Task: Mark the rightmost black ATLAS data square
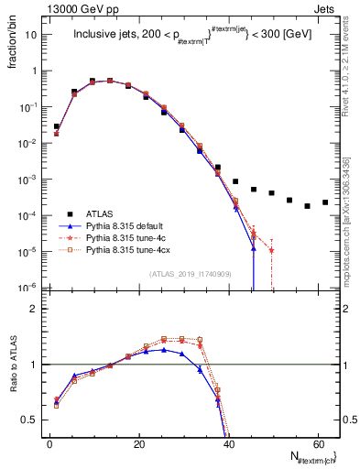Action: (325, 202)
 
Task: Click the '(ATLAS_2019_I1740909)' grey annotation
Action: (189, 273)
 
